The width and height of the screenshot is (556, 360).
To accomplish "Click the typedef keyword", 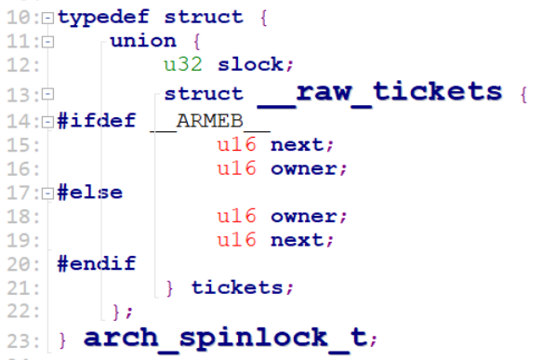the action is coord(96,17).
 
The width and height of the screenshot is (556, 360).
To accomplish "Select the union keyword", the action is coord(142,41).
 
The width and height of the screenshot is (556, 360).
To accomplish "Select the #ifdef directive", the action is coord(96,121).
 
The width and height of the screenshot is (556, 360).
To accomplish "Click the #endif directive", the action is coord(96,263).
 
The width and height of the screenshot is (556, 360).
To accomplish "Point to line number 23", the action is coord(21,337).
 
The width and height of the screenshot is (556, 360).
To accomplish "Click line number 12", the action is coord(21,65).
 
